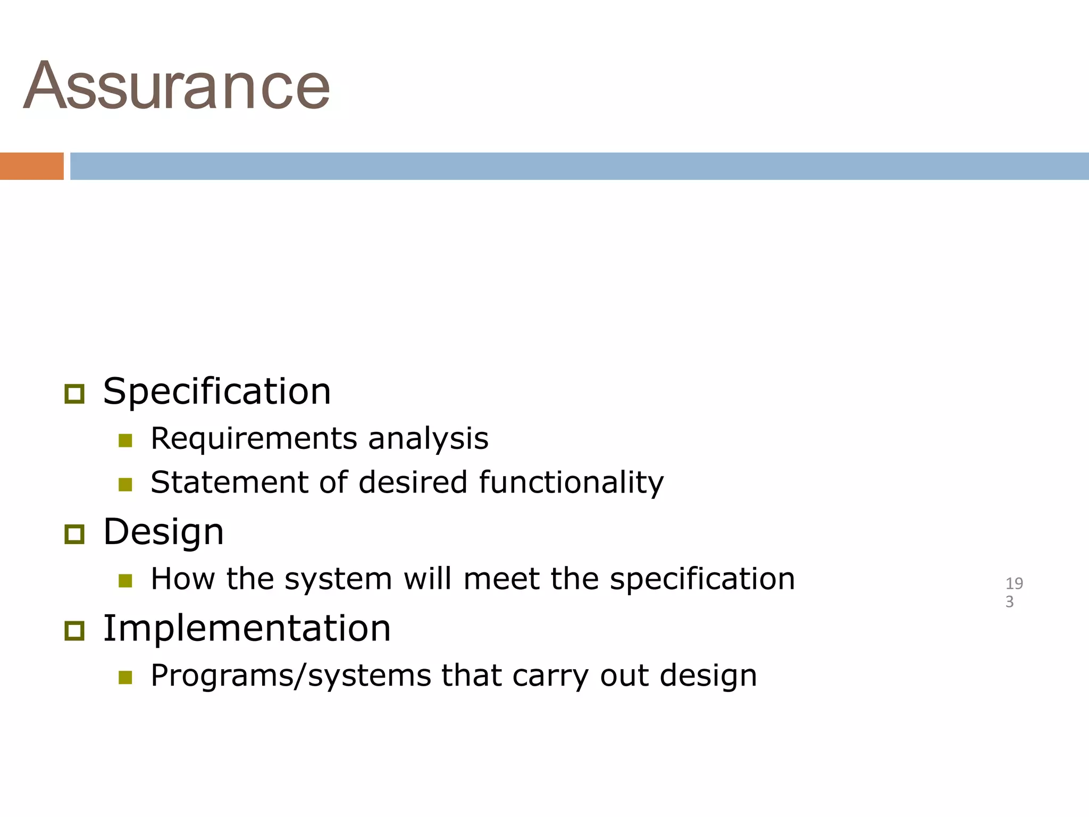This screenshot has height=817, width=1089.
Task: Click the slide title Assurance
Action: [x=177, y=86]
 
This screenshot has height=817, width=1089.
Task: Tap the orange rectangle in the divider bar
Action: [x=31, y=166]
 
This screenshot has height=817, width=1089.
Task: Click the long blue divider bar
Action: [x=579, y=166]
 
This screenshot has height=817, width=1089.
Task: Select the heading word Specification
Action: [x=217, y=391]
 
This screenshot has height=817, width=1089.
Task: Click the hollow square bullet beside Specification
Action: [x=74, y=394]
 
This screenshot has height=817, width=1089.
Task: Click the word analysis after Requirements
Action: [x=428, y=439]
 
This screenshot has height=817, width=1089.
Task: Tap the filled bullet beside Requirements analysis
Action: [x=125, y=440]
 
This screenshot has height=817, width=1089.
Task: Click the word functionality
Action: [x=571, y=482]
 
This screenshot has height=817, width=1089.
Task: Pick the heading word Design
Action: [x=163, y=532]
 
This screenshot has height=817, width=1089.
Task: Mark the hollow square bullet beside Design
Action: [x=74, y=534]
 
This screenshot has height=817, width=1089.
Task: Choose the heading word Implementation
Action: [x=247, y=628]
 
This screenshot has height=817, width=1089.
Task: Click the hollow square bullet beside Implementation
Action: [x=74, y=631]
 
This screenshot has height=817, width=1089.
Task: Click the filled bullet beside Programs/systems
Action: [x=125, y=677]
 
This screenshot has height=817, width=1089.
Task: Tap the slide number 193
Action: [x=1013, y=592]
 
